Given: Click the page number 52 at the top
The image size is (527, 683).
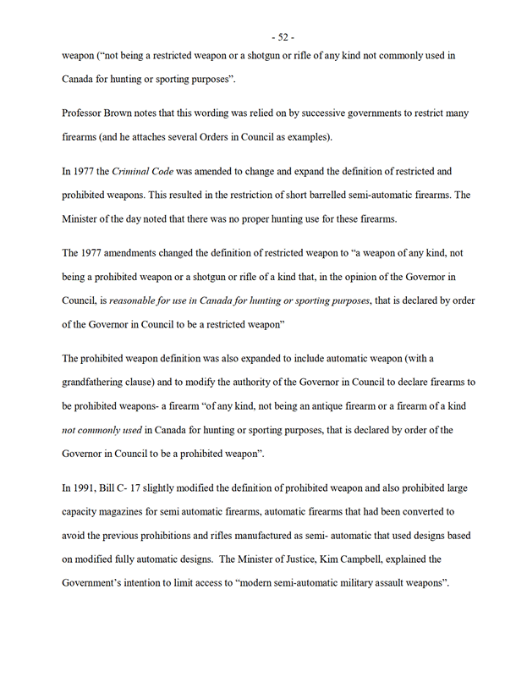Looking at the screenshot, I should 282,37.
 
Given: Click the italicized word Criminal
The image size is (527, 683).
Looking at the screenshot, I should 131,171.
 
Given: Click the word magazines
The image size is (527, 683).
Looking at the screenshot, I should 134,512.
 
